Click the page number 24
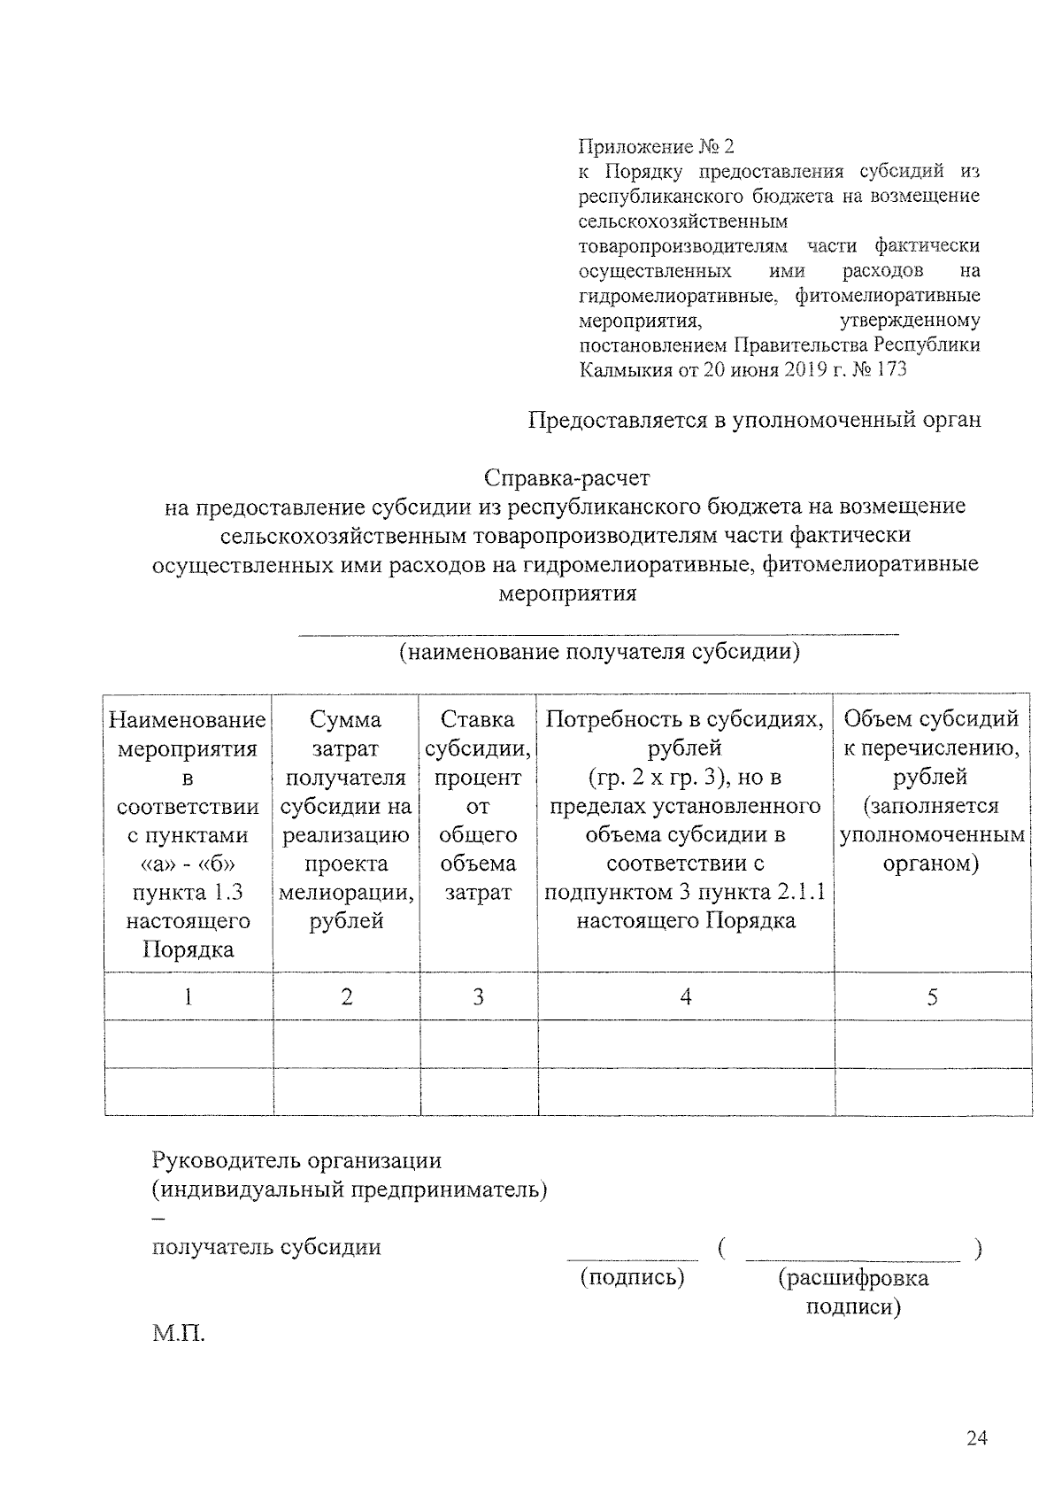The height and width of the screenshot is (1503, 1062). point(976,1438)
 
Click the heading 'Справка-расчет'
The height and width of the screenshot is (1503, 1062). point(566,478)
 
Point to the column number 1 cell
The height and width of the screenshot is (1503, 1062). point(188,997)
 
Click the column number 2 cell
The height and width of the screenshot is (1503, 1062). point(346,997)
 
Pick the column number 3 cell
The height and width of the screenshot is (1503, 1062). point(478,997)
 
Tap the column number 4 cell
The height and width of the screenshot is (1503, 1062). point(685,997)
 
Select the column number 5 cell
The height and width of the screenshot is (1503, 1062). point(932,997)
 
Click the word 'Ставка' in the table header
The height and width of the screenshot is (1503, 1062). point(478,719)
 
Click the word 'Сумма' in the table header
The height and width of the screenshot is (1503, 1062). point(346,719)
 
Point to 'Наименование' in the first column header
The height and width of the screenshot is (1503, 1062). point(188,719)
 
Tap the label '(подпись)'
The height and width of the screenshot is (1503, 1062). point(632,1277)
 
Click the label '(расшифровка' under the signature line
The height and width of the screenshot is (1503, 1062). point(853,1277)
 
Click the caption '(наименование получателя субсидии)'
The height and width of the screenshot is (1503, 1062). point(599,653)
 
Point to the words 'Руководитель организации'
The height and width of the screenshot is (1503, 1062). point(296,1160)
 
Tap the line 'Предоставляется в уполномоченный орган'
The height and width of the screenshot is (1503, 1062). point(754,419)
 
